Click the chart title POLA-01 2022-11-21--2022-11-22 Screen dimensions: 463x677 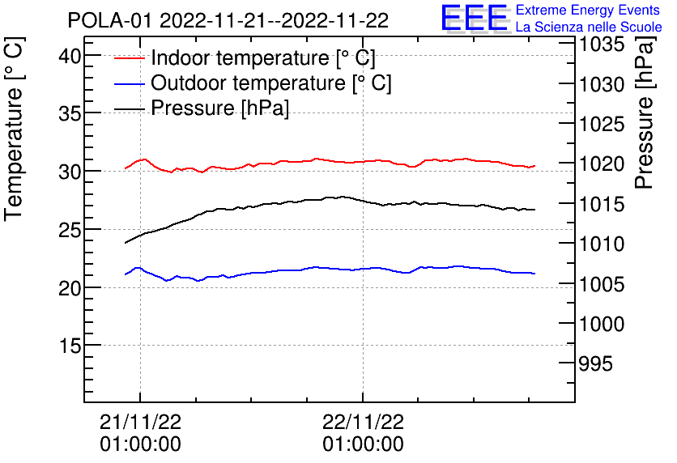(228, 19)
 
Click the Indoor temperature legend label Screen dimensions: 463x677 (263, 58)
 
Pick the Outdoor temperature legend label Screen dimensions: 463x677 (271, 83)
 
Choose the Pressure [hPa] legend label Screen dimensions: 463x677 (220, 108)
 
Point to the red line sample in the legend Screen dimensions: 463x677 (130, 58)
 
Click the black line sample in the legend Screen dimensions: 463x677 (130, 108)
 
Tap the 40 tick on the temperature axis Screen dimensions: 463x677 (70, 56)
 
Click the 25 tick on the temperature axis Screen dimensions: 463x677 (70, 230)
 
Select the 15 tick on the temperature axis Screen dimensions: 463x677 (70, 346)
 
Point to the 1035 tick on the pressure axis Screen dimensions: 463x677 (602, 44)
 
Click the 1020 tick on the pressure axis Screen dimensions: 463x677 (602, 164)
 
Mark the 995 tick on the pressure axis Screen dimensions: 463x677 (595, 363)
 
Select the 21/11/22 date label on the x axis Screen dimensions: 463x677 (140, 422)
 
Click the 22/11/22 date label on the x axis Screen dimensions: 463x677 (363, 422)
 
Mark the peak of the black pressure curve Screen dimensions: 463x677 (343, 196)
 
